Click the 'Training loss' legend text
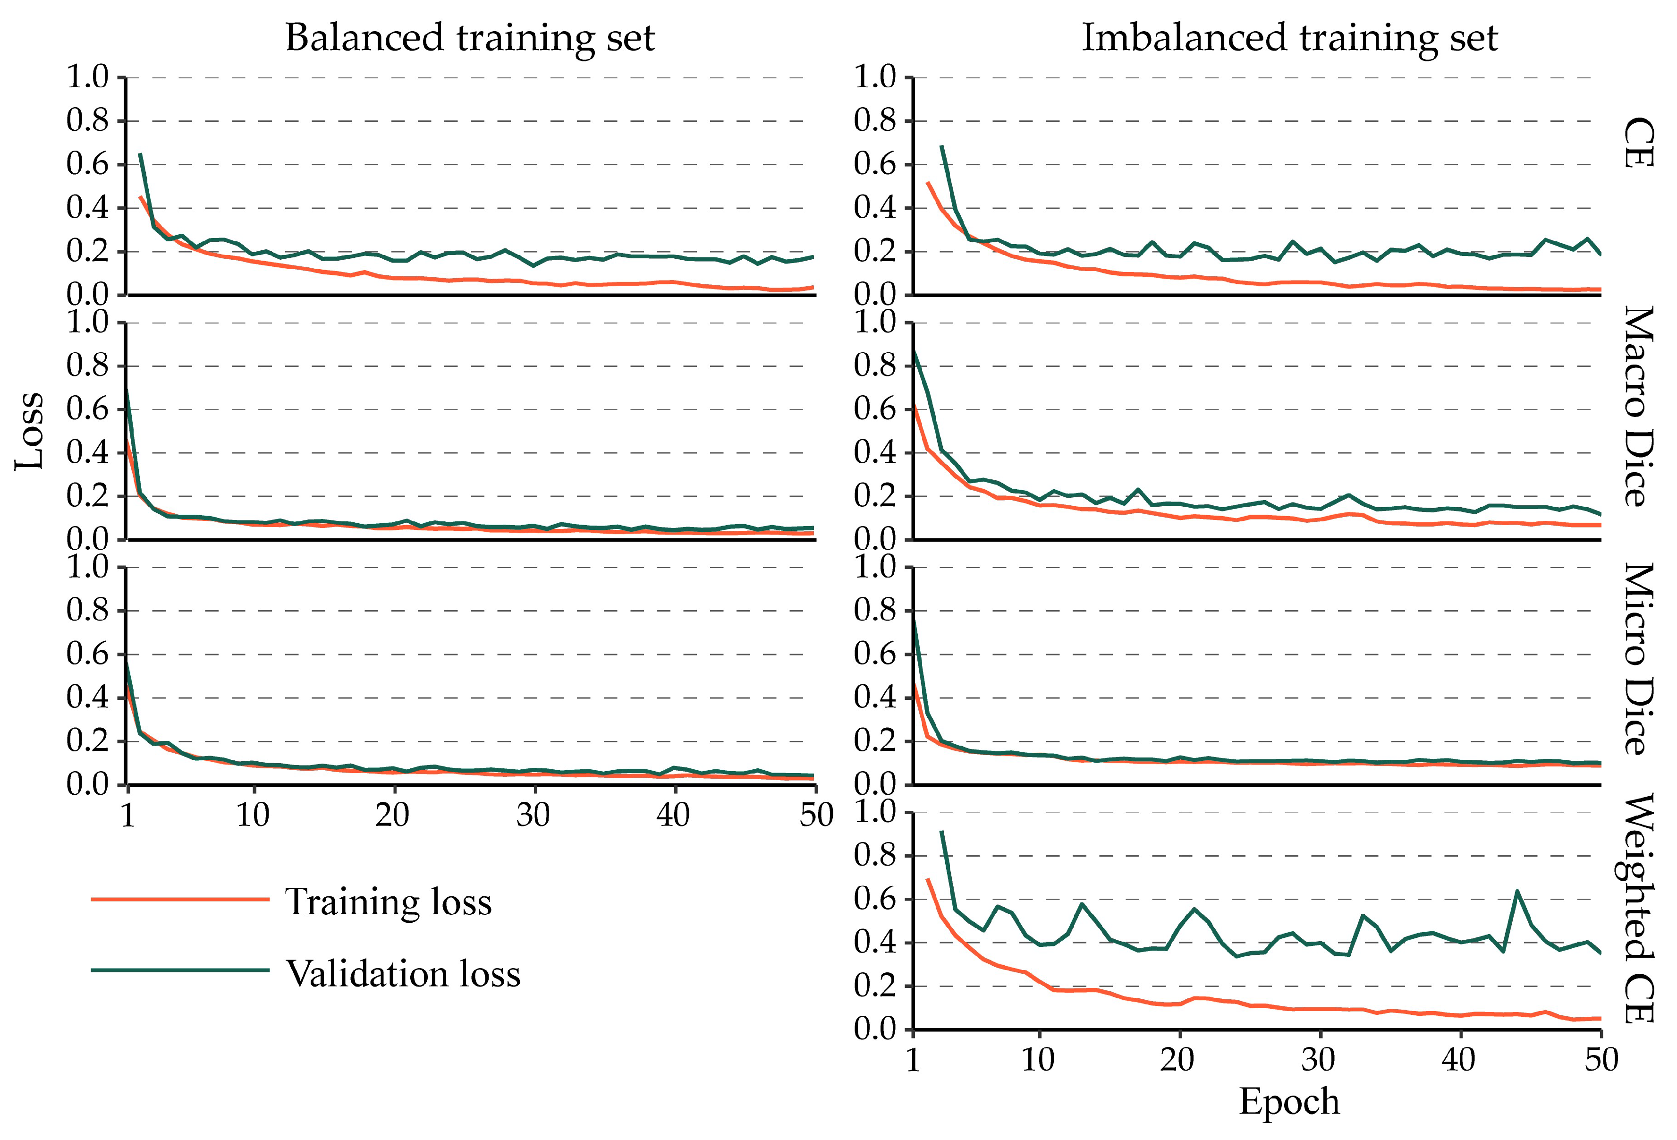click(388, 902)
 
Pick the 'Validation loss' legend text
click(403, 973)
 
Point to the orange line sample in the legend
click(180, 899)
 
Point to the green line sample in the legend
click(180, 970)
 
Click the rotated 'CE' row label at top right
click(1638, 143)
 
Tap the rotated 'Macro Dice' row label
click(1638, 406)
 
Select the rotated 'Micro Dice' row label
click(1638, 658)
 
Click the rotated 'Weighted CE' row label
click(1638, 908)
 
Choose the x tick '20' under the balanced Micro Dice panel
click(392, 815)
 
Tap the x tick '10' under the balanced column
click(253, 815)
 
